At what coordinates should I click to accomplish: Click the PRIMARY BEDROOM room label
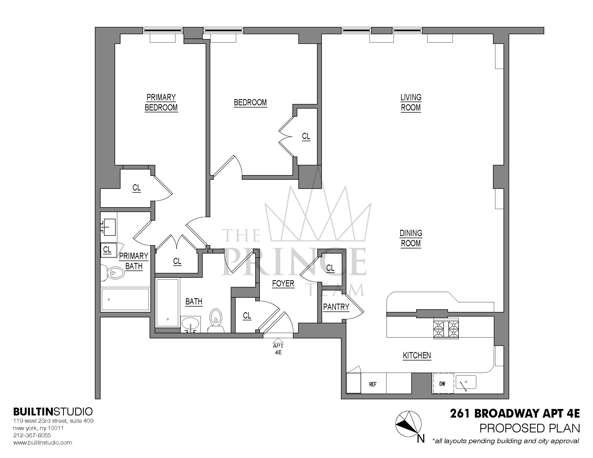(161, 103)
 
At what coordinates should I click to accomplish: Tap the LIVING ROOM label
(411, 103)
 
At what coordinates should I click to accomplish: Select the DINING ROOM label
(411, 238)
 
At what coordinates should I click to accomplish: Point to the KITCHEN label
(416, 355)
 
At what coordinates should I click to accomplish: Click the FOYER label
(283, 283)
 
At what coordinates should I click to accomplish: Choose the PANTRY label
(336, 307)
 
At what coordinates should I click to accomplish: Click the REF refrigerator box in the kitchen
(373, 384)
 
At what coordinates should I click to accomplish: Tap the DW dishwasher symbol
(442, 384)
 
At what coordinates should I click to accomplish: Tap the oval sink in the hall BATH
(190, 324)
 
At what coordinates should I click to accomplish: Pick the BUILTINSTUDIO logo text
(53, 412)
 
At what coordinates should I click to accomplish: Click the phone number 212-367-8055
(32, 435)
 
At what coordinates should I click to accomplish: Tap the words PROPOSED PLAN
(529, 428)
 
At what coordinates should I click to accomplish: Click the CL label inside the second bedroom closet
(306, 136)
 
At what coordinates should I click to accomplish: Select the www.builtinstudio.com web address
(43, 443)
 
